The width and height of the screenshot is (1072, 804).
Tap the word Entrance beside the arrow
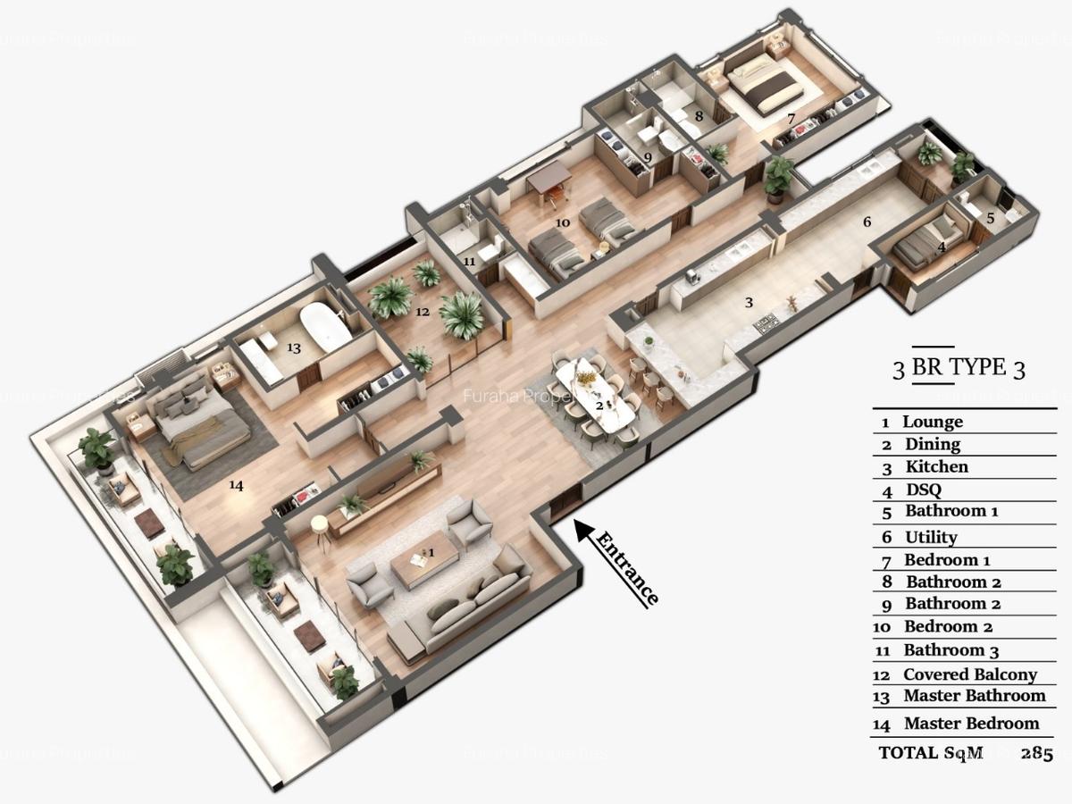click(x=627, y=568)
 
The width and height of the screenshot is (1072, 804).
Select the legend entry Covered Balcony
click(x=969, y=674)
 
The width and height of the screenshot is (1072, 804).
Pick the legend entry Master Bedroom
click(x=971, y=723)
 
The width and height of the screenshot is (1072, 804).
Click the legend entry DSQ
click(x=923, y=490)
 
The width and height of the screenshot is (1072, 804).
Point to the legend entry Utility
click(x=931, y=537)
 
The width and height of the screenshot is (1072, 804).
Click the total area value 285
click(x=1037, y=753)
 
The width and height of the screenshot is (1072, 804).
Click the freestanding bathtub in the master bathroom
click(x=325, y=327)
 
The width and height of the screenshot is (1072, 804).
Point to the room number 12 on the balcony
click(x=422, y=313)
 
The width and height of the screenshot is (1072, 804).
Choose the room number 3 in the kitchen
click(x=750, y=302)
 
